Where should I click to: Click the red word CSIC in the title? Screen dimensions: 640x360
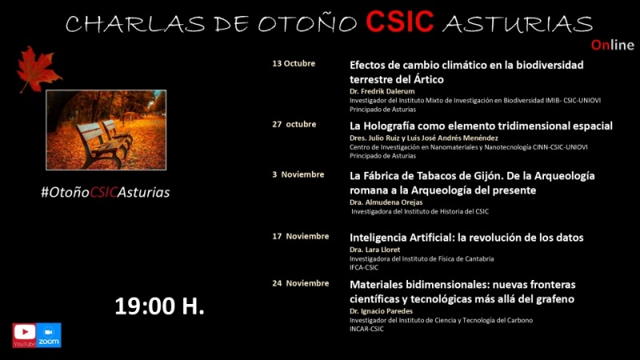click(x=399, y=22)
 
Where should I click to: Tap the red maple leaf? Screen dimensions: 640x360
click(x=38, y=69)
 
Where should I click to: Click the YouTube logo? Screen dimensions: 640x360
click(x=24, y=335)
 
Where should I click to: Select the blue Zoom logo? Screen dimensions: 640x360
click(x=49, y=335)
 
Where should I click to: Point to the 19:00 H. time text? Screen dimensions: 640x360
click(x=159, y=306)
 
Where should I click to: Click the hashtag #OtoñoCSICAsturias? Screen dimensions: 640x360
click(x=106, y=192)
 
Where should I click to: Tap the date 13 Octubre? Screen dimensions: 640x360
click(x=294, y=63)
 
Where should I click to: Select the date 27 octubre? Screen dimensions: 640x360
click(x=294, y=124)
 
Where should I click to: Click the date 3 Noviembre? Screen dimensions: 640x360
click(x=298, y=174)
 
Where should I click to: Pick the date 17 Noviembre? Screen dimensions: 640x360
click(x=301, y=236)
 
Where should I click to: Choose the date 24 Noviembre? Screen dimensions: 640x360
click(x=301, y=283)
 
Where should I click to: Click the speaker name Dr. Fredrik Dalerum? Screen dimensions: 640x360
click(x=382, y=91)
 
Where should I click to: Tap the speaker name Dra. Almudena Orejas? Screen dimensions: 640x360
click(x=386, y=202)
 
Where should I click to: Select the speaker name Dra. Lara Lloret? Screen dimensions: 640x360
click(x=374, y=250)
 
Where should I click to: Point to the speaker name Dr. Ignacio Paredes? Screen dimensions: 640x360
click(x=382, y=311)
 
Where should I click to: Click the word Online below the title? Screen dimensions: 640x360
click(x=613, y=45)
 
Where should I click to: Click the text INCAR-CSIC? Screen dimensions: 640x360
click(x=366, y=329)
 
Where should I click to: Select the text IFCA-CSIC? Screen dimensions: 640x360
click(x=364, y=267)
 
